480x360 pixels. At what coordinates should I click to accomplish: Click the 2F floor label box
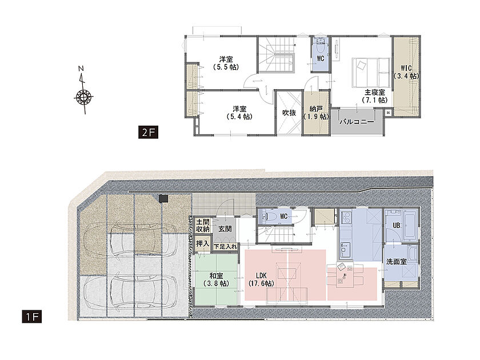click(x=148, y=132)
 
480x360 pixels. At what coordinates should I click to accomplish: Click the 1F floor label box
click(x=32, y=317)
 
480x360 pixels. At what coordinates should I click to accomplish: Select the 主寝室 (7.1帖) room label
click(x=374, y=96)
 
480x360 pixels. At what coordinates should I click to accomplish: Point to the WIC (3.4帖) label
click(x=406, y=72)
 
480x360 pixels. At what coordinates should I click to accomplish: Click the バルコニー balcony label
click(x=357, y=122)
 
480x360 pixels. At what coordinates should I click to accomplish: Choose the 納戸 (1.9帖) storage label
click(x=316, y=113)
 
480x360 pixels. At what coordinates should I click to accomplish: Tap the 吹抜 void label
click(x=289, y=113)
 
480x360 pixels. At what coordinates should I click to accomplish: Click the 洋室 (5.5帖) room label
click(x=226, y=63)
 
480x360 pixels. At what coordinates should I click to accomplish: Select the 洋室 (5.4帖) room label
click(x=239, y=113)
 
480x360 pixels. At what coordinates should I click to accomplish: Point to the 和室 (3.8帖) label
click(x=217, y=279)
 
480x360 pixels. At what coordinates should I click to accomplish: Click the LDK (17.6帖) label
click(x=261, y=279)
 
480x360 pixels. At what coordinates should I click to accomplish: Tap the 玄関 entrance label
click(x=225, y=229)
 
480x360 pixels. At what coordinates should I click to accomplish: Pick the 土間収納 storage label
click(x=203, y=225)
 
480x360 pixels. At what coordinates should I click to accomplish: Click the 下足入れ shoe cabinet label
click(x=225, y=246)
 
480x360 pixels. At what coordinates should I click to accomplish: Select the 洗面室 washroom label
click(x=397, y=262)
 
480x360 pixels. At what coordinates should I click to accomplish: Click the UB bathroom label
click(x=397, y=225)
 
